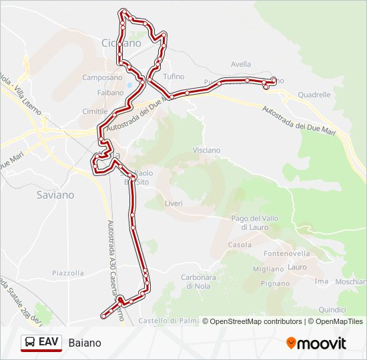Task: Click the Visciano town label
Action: (206, 150)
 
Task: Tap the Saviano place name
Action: (55, 195)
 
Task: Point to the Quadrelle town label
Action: (314, 95)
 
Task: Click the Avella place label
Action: (241, 64)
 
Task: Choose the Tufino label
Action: (173, 77)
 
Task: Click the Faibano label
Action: (110, 93)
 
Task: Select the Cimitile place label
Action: (95, 111)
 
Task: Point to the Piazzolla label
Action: (68, 273)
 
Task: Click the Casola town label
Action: (240, 245)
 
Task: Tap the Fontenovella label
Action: (287, 253)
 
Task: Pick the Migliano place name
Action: (268, 269)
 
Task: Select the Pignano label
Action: (274, 283)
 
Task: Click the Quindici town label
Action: (332, 309)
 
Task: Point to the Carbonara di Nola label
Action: (198, 281)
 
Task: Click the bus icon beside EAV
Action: (29, 342)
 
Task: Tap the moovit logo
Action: (316, 343)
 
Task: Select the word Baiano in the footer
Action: (85, 343)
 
